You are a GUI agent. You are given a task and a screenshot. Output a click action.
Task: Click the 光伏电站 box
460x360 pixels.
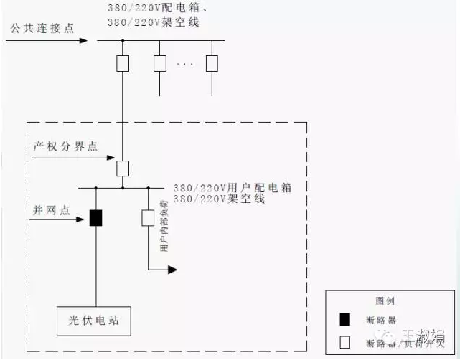(x=95, y=321)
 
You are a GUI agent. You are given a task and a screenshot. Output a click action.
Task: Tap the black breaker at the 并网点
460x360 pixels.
(x=95, y=218)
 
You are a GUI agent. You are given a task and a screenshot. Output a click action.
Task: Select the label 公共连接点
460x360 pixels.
(x=42, y=28)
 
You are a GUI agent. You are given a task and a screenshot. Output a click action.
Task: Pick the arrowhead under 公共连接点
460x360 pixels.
(x=83, y=40)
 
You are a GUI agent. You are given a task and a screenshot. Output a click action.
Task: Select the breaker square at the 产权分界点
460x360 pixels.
(x=123, y=169)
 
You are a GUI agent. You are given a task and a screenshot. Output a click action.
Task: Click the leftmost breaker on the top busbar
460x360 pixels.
(x=123, y=63)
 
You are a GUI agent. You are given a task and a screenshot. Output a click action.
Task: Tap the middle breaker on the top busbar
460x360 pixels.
(x=160, y=63)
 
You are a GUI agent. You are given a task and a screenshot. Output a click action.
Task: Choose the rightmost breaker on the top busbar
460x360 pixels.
(x=212, y=63)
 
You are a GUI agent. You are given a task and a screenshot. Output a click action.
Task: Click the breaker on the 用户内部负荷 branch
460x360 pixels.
(x=148, y=218)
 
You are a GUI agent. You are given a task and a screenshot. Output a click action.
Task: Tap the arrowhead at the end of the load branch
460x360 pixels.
(x=172, y=270)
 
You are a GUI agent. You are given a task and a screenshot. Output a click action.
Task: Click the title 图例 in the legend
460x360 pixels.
(x=385, y=301)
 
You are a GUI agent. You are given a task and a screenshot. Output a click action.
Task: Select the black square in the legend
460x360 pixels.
(x=344, y=320)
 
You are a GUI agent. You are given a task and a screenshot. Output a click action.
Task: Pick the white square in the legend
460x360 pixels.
(x=344, y=342)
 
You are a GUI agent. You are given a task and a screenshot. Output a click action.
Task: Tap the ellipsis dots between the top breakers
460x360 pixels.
(x=185, y=65)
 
